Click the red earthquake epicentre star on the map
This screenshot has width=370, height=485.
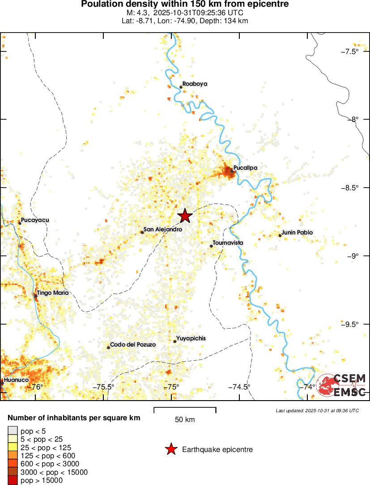[185, 216]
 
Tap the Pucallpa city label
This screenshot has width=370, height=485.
[245, 168]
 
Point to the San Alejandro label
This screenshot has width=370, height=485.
[162, 229]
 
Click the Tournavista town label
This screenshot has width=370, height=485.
[228, 242]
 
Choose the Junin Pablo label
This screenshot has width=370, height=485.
[297, 232]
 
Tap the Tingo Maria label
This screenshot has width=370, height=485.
[53, 293]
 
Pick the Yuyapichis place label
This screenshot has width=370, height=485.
[191, 339]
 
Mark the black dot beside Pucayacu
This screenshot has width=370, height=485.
[20, 223]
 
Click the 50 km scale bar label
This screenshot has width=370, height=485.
[185, 420]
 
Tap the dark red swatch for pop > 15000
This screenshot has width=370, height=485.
[13, 480]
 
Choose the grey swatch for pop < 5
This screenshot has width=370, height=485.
[13, 431]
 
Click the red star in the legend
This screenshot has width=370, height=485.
[170, 450]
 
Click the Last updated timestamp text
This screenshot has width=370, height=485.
[317, 410]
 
